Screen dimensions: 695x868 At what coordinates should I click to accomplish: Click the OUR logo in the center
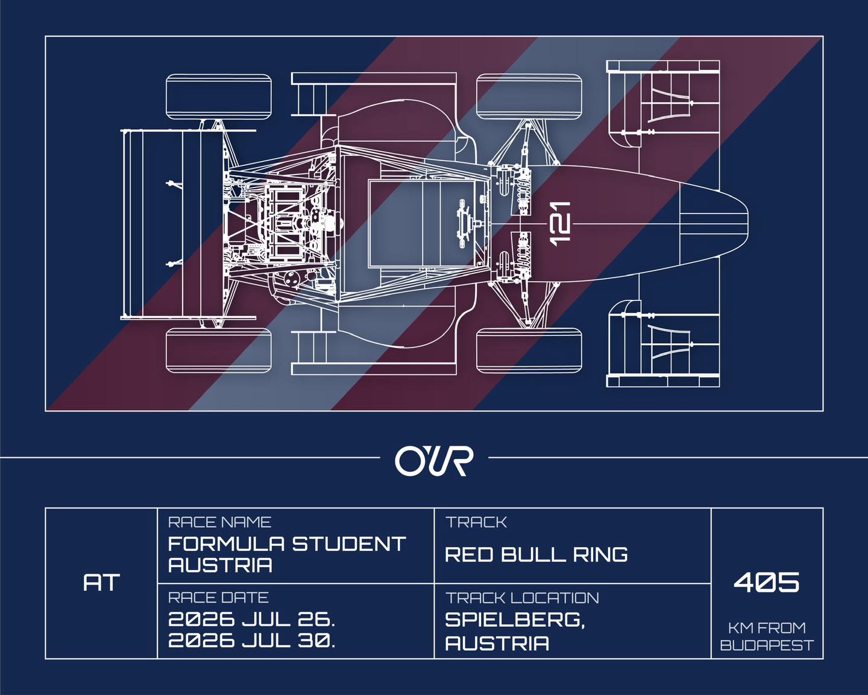pos(434,460)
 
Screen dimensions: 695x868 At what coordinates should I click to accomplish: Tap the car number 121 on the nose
pos(560,223)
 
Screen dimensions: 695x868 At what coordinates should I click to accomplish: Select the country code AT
pos(101,583)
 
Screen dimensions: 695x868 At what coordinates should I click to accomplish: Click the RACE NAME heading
pos(219,522)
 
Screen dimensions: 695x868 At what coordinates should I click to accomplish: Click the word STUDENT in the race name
pos(349,544)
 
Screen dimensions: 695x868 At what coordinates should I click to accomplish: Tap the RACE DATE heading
pos(218,598)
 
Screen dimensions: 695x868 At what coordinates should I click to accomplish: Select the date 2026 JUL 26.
pos(251,620)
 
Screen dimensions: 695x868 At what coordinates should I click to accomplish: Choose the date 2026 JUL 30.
pos(251,641)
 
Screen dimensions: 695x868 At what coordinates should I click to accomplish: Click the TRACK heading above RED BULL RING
pos(476,522)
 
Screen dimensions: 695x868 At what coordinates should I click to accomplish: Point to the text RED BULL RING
pos(536,554)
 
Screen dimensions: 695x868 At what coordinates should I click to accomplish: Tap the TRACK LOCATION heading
pos(522,598)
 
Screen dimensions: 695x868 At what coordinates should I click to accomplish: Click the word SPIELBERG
pos(514,620)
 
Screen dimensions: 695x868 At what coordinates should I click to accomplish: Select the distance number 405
pos(767,582)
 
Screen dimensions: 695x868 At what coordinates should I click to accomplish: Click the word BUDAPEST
pos(767,646)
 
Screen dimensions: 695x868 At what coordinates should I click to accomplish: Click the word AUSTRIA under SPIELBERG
pos(497,643)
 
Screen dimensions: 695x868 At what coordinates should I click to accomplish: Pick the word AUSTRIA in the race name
pos(220,565)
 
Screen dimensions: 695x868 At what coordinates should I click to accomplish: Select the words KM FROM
pos(767,627)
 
